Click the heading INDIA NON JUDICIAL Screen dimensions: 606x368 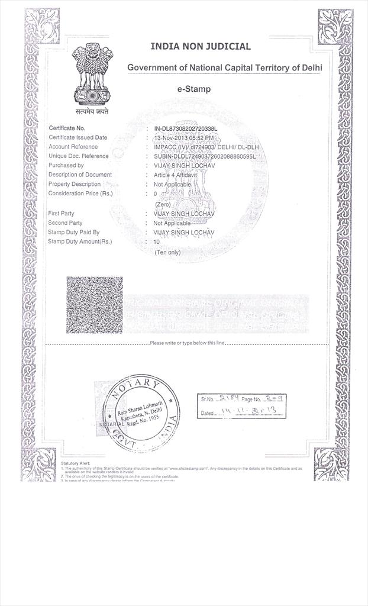coord(201,46)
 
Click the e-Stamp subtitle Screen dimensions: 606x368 coord(194,89)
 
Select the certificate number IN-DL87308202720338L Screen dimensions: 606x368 coord(186,128)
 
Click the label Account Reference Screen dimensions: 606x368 coord(73,147)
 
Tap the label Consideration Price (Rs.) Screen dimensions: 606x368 coord(80,194)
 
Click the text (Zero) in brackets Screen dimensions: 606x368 coord(163,204)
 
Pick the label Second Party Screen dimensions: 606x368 coord(65,223)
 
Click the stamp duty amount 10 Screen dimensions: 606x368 coord(157,242)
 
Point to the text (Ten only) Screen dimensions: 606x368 coord(168,252)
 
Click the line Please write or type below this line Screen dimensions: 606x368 coord(187,343)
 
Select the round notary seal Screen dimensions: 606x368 coord(140,412)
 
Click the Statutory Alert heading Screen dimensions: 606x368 coord(75,463)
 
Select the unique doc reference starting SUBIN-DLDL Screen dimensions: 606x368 coord(201,156)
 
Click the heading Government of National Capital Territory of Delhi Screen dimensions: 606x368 coord(225,68)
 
